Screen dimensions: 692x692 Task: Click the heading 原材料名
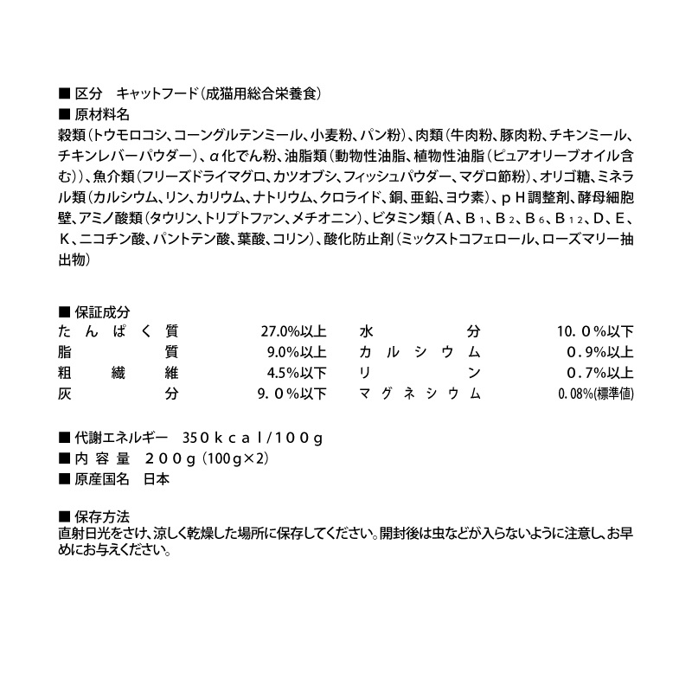coord(102,114)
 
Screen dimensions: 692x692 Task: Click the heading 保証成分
coord(102,312)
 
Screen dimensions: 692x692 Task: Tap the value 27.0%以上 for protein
coord(293,332)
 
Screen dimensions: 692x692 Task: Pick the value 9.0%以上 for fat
coord(298,353)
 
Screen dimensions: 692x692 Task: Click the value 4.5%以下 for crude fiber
coord(298,374)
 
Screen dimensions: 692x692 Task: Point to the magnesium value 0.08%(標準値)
coord(598,394)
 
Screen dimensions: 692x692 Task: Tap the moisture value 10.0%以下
coord(595,332)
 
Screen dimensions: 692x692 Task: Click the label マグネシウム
coord(419,394)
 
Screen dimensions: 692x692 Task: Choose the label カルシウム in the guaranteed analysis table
coord(419,353)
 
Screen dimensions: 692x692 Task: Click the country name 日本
coord(157,478)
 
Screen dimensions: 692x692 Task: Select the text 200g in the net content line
coord(172,458)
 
